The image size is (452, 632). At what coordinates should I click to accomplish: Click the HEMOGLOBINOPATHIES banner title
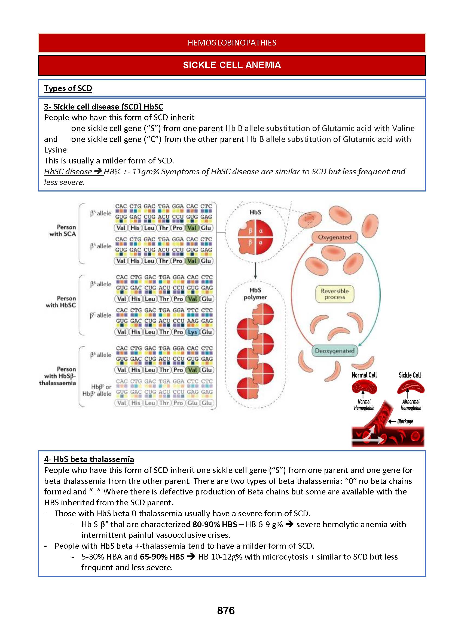[232, 42]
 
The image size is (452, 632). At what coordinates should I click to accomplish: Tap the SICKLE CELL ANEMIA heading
[232, 65]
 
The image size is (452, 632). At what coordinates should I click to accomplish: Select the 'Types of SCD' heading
[68, 88]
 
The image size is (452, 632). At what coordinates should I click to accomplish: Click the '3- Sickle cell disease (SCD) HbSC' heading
[103, 107]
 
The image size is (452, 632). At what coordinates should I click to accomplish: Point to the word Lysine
[55, 150]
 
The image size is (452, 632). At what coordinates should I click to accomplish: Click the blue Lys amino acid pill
[192, 332]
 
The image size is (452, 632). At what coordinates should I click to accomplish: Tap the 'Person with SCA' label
[63, 230]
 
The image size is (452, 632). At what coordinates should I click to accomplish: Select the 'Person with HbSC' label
[61, 302]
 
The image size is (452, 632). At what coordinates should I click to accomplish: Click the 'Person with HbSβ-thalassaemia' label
[58, 376]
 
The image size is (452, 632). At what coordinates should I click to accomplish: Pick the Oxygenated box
[335, 237]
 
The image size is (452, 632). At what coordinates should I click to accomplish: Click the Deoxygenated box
[335, 351]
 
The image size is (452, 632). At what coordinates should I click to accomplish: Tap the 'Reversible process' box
[335, 294]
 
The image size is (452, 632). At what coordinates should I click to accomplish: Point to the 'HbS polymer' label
[255, 294]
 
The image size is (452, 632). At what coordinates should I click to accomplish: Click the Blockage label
[405, 421]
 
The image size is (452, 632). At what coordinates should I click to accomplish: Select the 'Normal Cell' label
[364, 375]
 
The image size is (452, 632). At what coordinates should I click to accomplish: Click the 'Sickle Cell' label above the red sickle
[410, 375]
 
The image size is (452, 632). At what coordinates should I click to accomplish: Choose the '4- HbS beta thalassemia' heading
[89, 459]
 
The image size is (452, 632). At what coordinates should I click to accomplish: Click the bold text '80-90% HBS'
[215, 524]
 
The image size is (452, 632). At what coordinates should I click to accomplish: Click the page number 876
[226, 610]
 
